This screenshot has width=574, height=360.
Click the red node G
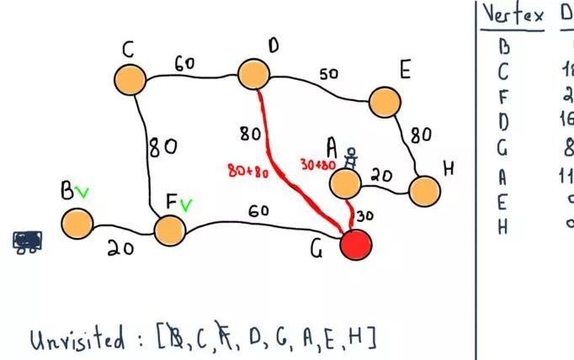(x=355, y=246)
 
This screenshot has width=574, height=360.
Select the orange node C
(x=130, y=79)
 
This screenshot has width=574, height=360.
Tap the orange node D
(x=254, y=74)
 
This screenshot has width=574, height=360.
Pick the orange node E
(x=385, y=102)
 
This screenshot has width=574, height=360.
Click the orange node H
(x=426, y=191)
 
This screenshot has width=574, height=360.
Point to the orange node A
(x=345, y=183)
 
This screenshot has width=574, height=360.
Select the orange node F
(x=169, y=230)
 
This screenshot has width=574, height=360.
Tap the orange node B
(x=77, y=224)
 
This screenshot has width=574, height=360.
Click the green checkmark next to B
(x=82, y=193)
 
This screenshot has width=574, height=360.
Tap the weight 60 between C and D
(x=186, y=63)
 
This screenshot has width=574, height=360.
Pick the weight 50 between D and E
(x=329, y=75)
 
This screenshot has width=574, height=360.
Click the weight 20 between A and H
(x=381, y=176)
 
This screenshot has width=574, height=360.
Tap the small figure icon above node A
(x=353, y=158)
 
